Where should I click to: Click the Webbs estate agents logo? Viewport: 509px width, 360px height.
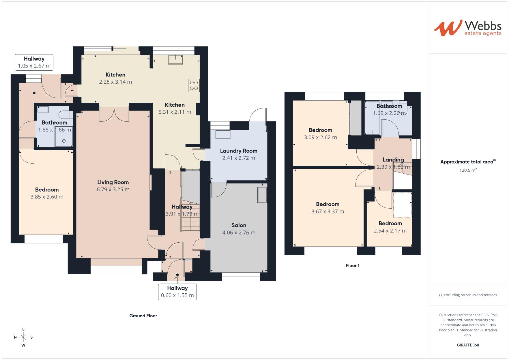pos(468,28)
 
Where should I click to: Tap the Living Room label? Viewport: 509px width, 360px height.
pos(113,182)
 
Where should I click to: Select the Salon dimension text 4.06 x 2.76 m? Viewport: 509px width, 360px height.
pos(239,233)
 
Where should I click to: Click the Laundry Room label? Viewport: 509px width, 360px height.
pos(239,151)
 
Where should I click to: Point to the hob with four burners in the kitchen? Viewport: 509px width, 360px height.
pos(193,85)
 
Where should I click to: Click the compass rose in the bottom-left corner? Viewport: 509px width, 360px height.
pos(23,337)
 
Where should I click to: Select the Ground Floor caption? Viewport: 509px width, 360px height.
pos(143,316)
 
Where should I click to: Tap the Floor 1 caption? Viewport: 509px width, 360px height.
pos(352,266)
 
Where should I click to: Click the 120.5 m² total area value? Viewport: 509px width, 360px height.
pos(468,170)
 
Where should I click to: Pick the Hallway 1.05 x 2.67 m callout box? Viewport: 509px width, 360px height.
pos(34,62)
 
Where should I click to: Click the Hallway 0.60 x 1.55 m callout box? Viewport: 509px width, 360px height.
pos(177,292)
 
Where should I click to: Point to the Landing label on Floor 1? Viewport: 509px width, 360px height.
pos(393,160)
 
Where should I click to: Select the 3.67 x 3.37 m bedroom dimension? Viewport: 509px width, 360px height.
pos(328,211)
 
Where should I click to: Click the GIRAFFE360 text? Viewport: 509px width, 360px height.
pos(468,345)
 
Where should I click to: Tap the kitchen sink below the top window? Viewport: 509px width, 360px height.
pos(175,60)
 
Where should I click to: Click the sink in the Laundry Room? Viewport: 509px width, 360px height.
pos(223,134)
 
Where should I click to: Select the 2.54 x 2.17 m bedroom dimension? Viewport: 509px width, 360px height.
pos(390,231)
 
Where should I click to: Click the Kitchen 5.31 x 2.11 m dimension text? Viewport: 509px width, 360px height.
pos(175,112)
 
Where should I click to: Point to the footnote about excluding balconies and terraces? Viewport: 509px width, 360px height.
pos(468,295)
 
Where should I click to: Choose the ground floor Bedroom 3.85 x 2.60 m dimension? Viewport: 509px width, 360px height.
pos(47,197)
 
